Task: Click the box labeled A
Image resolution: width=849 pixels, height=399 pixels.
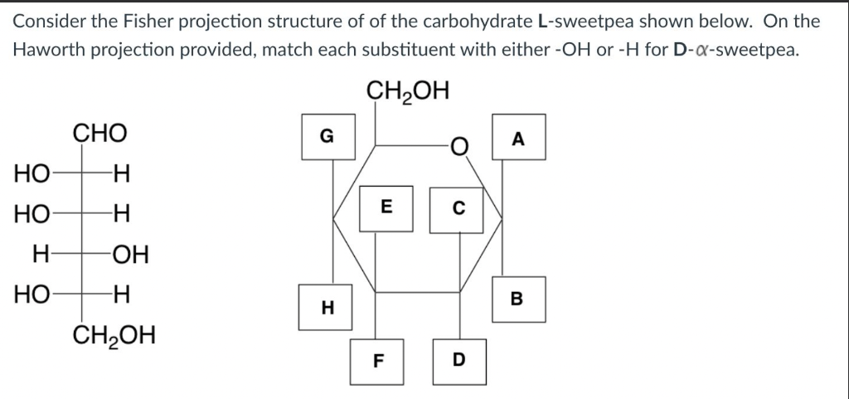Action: pos(520,138)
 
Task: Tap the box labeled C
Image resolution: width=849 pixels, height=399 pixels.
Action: pos(455,208)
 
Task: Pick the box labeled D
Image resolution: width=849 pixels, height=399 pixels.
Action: pos(460,360)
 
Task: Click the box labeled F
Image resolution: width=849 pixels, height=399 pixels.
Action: pos(378,360)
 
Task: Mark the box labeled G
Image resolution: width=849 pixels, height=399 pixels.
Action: pos(328,137)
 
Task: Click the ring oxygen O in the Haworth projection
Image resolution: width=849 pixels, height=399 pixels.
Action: pos(459,148)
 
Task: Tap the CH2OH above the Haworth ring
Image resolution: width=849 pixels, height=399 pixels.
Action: pos(408,90)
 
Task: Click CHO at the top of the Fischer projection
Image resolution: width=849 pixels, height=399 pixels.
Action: pos(100,133)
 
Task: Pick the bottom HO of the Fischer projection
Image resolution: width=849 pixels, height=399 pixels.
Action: pos(31,294)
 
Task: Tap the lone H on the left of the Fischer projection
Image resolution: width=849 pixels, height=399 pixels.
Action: pos(39,254)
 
